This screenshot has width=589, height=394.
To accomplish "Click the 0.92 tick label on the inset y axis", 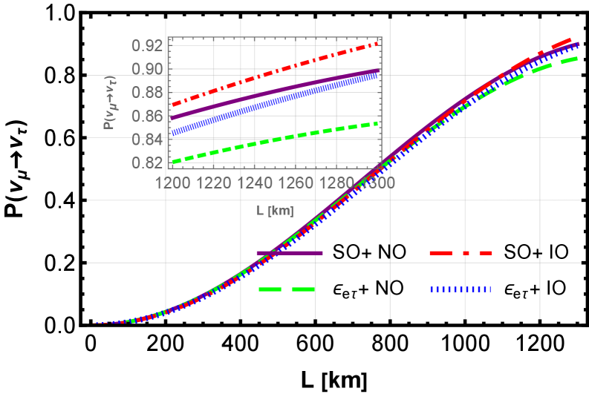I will [147, 46].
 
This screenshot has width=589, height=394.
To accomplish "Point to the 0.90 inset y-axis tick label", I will [147, 69].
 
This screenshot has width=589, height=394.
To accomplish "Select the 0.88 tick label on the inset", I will [147, 93].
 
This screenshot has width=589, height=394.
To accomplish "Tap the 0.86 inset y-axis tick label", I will [147, 116].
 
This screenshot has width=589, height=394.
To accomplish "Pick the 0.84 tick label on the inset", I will [147, 139].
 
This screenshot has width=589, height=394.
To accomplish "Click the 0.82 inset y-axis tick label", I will [147, 162].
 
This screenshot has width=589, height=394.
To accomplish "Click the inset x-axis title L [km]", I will [275, 211].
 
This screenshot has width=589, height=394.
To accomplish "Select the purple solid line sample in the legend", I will [290, 253].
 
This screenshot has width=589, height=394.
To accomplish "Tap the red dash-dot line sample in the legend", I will [461, 253].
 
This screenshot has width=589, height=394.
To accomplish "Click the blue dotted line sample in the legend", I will [461, 289].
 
